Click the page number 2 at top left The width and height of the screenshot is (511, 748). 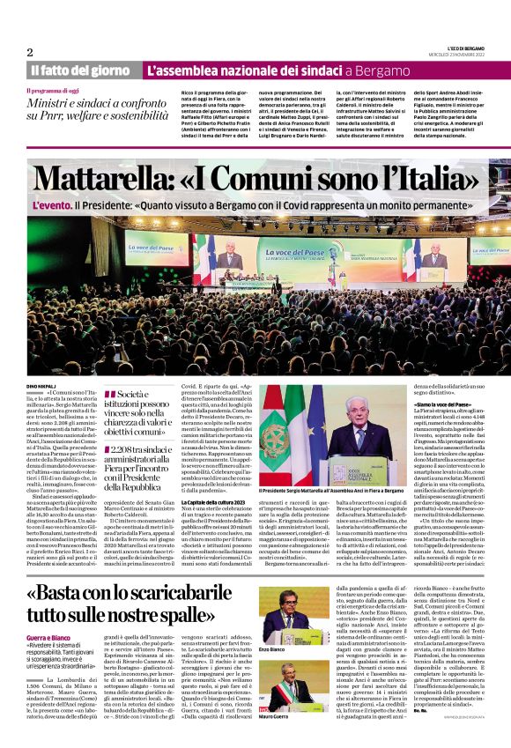pyautogui.click(x=30, y=52)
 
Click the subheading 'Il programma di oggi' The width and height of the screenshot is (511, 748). pyautogui.click(x=57, y=91)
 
